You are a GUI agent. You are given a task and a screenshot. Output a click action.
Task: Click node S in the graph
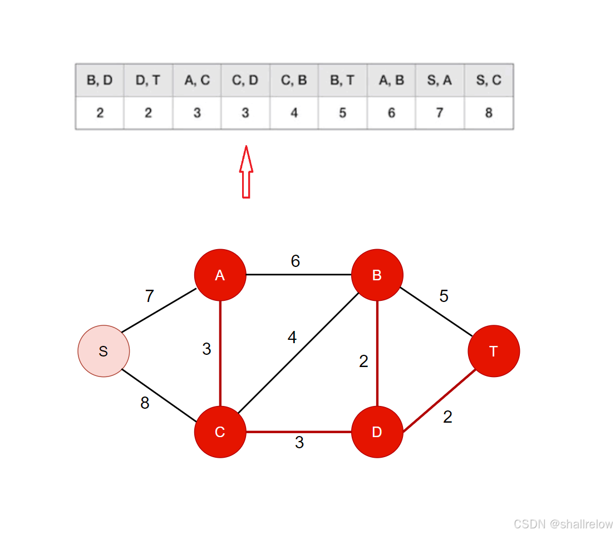coord(104,351)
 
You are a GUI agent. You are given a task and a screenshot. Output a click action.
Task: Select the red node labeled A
coord(220,275)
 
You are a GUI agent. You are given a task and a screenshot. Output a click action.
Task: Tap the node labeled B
coord(377,275)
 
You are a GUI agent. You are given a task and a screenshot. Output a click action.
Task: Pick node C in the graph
coord(220,432)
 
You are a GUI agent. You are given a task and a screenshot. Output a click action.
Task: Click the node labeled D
coord(377,432)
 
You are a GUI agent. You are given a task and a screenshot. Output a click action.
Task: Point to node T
coord(493,351)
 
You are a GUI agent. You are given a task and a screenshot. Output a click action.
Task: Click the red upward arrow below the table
coord(245,172)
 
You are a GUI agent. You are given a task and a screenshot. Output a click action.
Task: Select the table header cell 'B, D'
coord(100,80)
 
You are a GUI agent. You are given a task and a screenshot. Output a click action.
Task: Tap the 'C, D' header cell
coord(245,80)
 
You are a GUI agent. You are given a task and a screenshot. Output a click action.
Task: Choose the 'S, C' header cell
coord(489,80)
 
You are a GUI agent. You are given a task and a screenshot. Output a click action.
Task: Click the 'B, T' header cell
coord(342,80)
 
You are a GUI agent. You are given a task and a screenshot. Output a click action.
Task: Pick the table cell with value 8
coord(489,113)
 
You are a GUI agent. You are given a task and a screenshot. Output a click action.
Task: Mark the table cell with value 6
coord(391,113)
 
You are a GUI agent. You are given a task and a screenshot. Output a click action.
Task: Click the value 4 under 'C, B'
coord(294,113)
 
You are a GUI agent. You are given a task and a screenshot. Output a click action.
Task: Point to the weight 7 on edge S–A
coord(149,296)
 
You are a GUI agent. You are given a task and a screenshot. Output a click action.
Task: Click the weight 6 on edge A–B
coord(296,261)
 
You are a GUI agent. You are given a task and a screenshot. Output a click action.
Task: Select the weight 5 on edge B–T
coord(444,296)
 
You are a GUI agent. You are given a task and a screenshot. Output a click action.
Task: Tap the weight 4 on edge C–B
coord(292,337)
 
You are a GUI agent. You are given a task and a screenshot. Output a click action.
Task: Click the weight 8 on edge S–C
coord(145,403)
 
